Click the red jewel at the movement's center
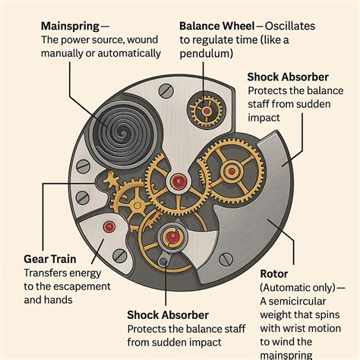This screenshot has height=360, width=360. click(x=178, y=181)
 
